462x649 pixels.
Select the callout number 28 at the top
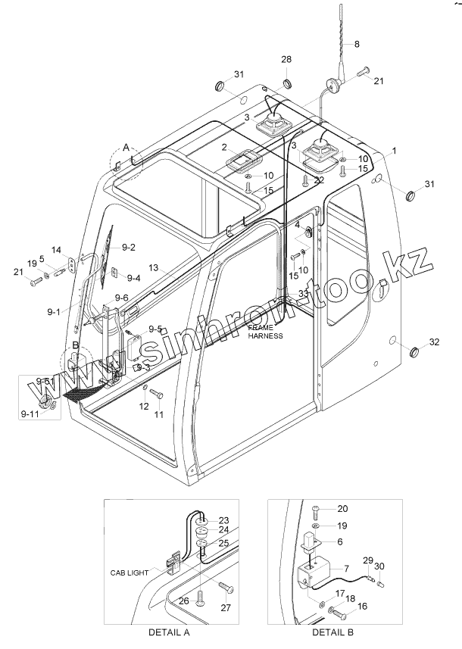coord(287,59)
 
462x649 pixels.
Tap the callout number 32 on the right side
coord(433,342)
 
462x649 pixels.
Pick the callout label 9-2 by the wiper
coord(128,248)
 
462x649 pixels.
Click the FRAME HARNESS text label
coord(265,331)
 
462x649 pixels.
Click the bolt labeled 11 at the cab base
coord(155,394)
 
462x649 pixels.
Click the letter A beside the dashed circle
coord(126,146)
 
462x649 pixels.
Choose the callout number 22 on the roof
coord(319,179)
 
